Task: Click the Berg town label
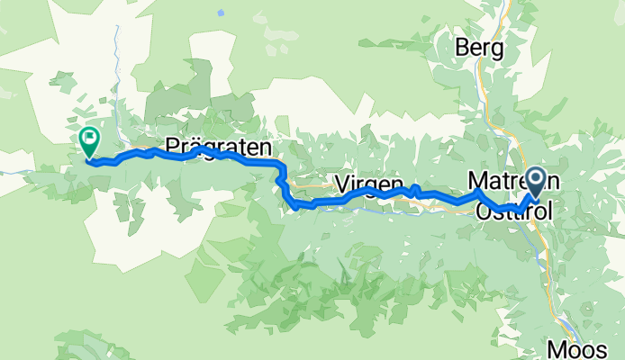point(479,48)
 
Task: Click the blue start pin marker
point(535,182)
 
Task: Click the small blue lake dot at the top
point(220,13)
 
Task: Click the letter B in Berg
point(463,48)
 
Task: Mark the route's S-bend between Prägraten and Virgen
point(284,184)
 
